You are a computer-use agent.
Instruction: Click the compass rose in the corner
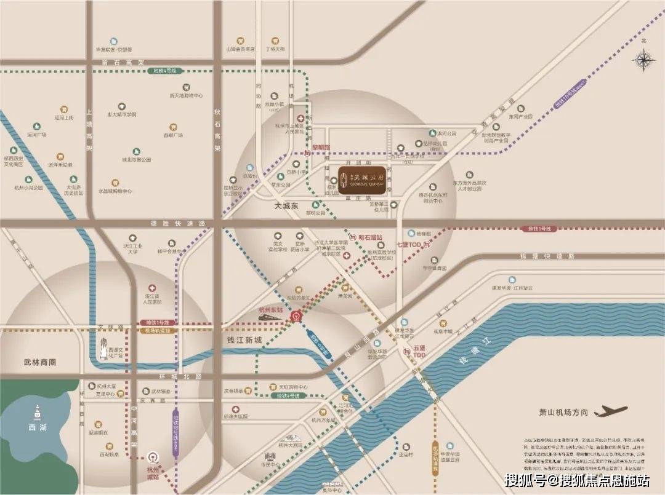click(x=643, y=60)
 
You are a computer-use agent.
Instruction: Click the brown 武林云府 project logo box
click(x=362, y=177)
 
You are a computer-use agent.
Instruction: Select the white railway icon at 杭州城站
click(x=151, y=458)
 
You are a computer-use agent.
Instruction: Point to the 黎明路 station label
click(x=321, y=148)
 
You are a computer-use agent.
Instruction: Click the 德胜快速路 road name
click(x=171, y=224)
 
